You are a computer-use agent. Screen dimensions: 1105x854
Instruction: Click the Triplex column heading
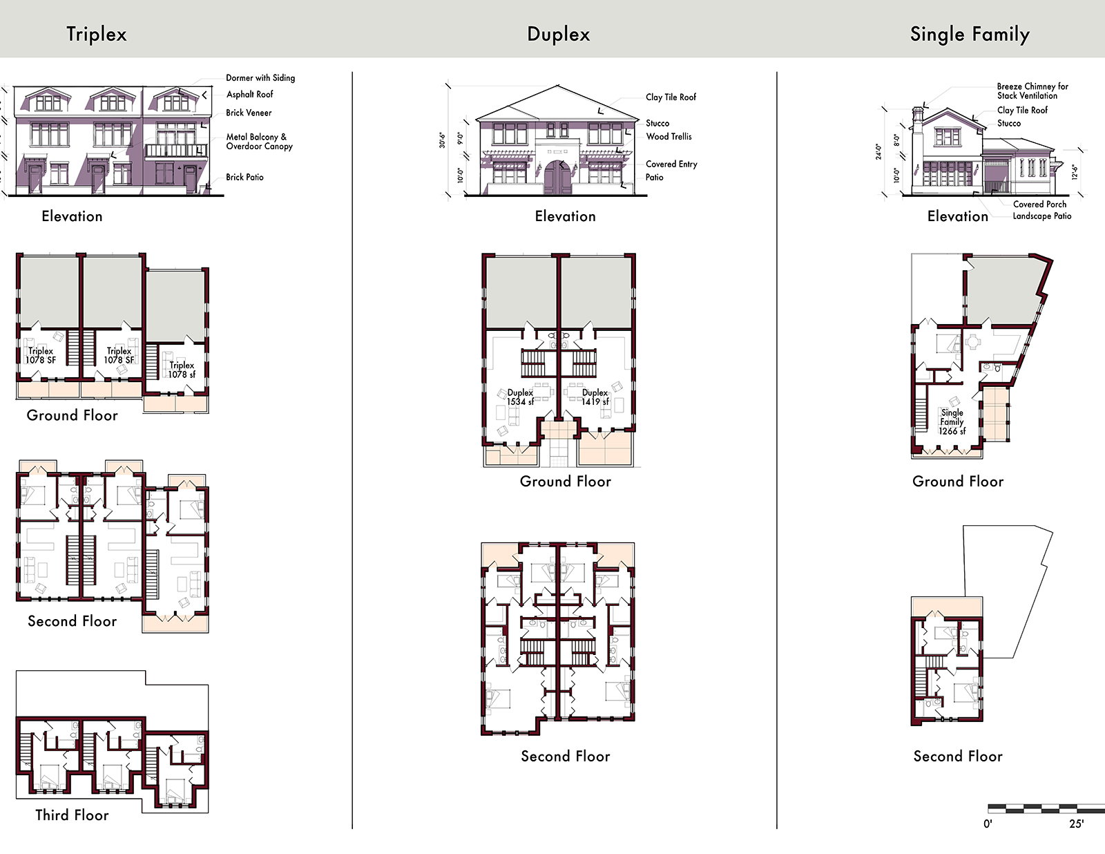point(97,34)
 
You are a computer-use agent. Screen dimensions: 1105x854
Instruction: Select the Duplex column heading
point(558,34)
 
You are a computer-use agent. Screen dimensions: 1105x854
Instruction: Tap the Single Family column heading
point(970,34)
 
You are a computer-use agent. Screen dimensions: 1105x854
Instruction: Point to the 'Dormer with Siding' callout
point(260,78)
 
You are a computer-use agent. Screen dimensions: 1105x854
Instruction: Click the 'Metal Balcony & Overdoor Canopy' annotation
point(260,142)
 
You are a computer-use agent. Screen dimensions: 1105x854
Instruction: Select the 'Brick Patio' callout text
point(244,177)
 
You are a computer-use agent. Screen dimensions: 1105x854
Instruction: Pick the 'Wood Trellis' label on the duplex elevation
point(669,136)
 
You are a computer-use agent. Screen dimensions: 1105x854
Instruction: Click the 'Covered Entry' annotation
point(671,164)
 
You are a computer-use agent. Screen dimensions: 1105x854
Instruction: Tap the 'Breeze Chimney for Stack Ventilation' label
point(1032,91)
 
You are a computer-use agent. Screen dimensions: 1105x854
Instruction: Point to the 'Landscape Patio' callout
point(1042,216)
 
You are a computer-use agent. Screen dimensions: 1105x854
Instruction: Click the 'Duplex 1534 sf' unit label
point(520,397)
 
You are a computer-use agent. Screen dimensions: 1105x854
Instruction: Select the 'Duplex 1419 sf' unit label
point(595,397)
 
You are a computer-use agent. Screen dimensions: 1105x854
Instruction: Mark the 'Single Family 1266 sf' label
point(952,421)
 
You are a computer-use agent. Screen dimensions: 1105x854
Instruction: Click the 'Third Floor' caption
point(73,815)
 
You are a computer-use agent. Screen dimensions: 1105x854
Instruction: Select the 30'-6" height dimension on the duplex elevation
point(443,140)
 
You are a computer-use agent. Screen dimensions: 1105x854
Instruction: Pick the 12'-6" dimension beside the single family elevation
point(1075,172)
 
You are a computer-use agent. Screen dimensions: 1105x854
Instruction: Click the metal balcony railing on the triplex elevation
point(176,151)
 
